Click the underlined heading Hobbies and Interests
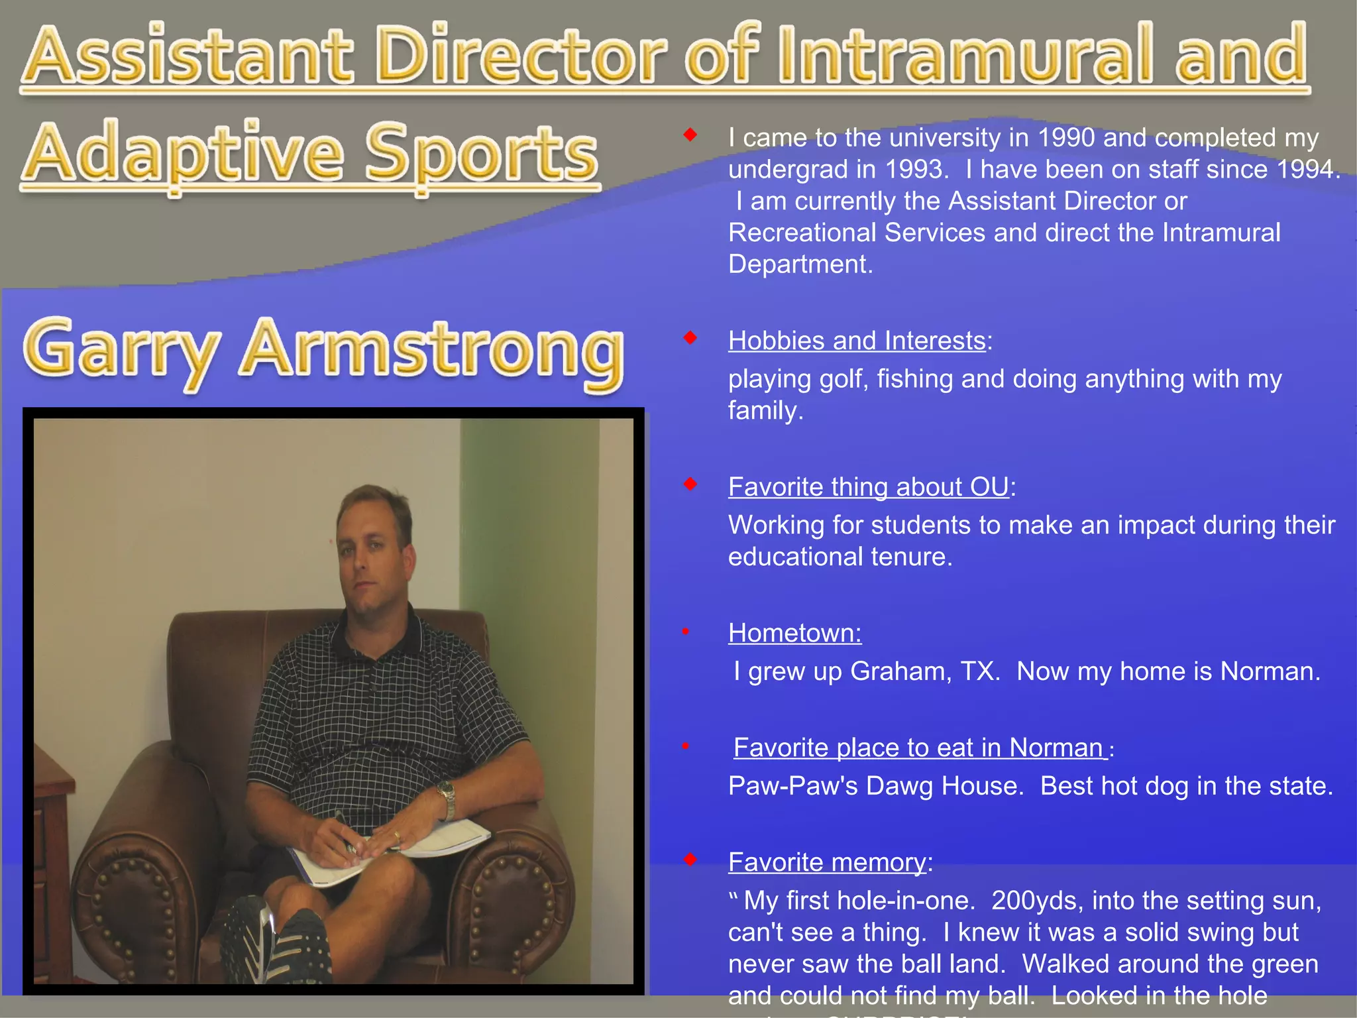tap(857, 341)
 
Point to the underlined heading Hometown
tap(794, 633)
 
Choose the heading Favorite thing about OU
tap(868, 487)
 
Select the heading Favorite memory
tap(827, 862)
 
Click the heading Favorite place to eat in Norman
tap(920, 748)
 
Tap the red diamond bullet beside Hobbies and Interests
tap(690, 338)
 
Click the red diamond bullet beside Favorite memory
tap(690, 860)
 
